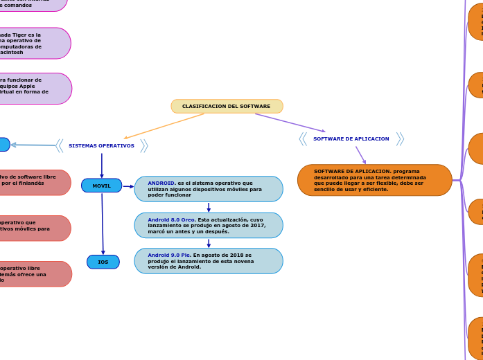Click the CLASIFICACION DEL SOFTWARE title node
tap(227, 107)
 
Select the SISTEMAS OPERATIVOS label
tap(101, 146)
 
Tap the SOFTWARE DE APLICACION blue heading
tap(351, 139)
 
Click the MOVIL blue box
tap(101, 186)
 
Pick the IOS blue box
tap(103, 262)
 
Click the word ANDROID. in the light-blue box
tap(161, 183)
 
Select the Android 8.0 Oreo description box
tap(209, 226)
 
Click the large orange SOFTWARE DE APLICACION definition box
tap(374, 180)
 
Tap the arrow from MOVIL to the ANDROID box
tap(128, 186)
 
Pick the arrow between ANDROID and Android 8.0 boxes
tap(209, 207)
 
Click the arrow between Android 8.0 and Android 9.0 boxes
tap(209, 243)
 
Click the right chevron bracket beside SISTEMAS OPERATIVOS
tap(144, 146)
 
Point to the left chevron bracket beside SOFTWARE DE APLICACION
tap(303, 139)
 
